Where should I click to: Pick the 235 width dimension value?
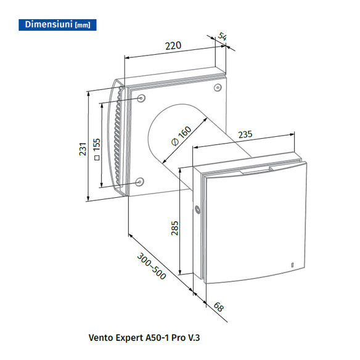click(246, 134)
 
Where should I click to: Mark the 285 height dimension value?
click(175, 230)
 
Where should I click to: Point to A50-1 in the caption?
click(157, 338)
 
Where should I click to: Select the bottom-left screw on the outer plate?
click(140, 182)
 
